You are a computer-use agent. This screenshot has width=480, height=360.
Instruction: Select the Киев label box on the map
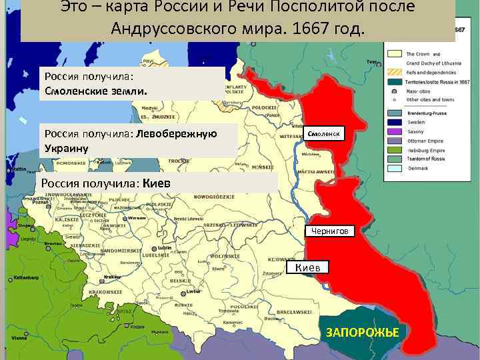tap(308, 267)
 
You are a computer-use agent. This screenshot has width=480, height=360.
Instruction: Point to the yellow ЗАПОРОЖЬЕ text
tap(362, 332)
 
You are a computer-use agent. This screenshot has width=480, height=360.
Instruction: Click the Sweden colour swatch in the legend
tap(394, 123)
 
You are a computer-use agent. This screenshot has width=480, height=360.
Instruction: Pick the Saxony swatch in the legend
tap(394, 132)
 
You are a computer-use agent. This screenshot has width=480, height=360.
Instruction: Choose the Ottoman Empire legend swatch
tap(394, 141)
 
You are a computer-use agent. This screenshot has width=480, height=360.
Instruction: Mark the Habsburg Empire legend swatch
tap(394, 150)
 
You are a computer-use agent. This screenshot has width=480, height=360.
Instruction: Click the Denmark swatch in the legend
tap(394, 168)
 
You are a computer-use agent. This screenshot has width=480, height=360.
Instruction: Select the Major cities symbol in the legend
tap(394, 90)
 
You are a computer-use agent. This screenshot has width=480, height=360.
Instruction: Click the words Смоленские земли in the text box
tap(96, 89)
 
